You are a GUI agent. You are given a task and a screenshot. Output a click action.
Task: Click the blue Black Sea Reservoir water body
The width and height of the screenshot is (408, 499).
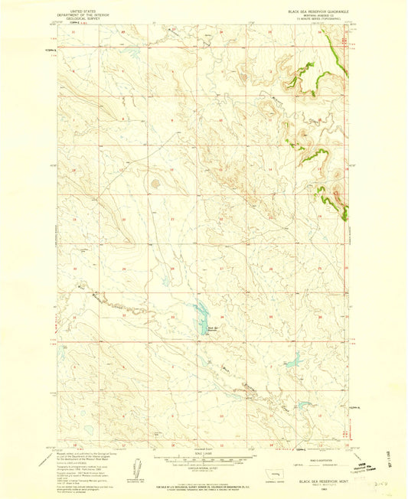[x=201, y=311]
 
